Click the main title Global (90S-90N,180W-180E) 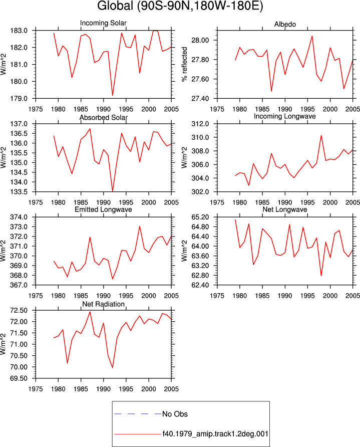tap(180, 6)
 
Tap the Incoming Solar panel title tap(103, 23)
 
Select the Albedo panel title tap(285, 24)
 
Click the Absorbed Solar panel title tap(103, 117)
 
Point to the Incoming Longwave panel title tap(285, 116)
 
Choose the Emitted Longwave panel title tap(103, 209)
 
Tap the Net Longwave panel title tap(285, 209)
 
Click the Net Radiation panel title tap(103, 304)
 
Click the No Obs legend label tap(175, 414)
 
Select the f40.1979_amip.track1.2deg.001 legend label tap(215, 434)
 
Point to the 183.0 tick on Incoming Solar tap(19, 31)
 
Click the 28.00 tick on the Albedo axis tap(200, 40)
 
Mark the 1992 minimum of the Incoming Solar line tap(113, 95)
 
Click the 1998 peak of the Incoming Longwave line tap(321, 135)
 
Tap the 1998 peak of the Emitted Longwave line tap(140, 227)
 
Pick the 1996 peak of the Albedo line tap(312, 36)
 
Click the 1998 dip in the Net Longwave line tap(321, 276)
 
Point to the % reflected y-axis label tap(185, 65)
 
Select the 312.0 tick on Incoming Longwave tap(200, 124)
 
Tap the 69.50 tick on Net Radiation tap(19, 378)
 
